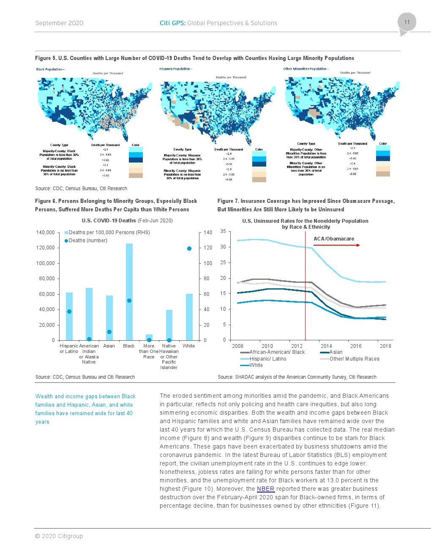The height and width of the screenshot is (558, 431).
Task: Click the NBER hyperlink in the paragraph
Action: [x=265, y=489]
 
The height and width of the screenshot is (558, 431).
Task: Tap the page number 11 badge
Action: [x=407, y=22]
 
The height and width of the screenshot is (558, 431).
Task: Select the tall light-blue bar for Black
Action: [x=129, y=292]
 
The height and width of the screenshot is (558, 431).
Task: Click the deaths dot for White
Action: [x=189, y=249]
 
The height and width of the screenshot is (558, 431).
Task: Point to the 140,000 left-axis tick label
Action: [x=46, y=232]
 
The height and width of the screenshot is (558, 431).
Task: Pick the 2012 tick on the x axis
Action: [x=297, y=346]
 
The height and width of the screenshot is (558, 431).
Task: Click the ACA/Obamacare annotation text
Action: [x=334, y=239]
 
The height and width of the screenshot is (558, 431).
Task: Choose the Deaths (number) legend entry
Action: [x=86, y=241]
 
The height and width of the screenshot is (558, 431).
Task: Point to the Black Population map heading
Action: [x=50, y=69]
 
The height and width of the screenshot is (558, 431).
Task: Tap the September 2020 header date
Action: [x=59, y=23]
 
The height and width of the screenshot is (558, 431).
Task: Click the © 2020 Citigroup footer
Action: [x=59, y=536]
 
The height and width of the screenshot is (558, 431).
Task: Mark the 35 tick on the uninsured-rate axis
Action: [x=223, y=231]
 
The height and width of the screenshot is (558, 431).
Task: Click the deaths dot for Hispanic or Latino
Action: [x=69, y=312]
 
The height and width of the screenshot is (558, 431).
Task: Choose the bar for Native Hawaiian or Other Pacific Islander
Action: [x=169, y=325]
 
